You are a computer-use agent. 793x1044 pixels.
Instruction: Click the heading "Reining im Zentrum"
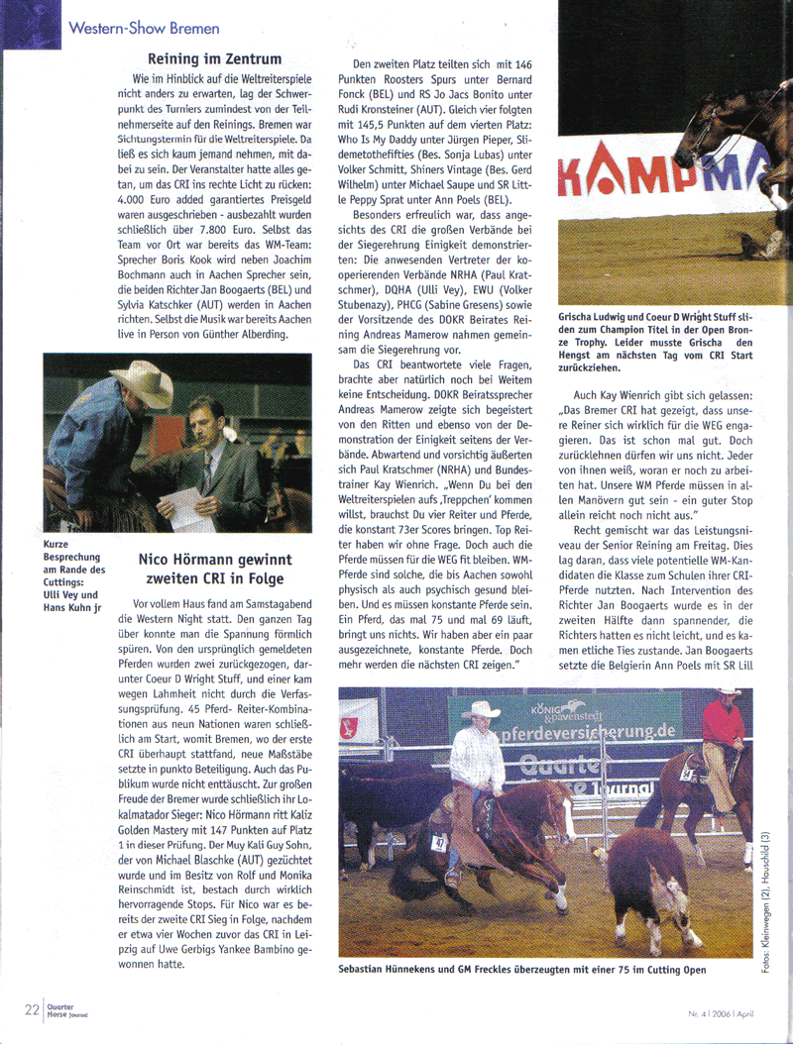214,59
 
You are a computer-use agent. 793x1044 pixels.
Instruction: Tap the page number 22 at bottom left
32,1010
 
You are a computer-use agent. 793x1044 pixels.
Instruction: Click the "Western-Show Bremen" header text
144,28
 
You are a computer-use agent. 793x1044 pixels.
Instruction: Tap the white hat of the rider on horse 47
482,709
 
